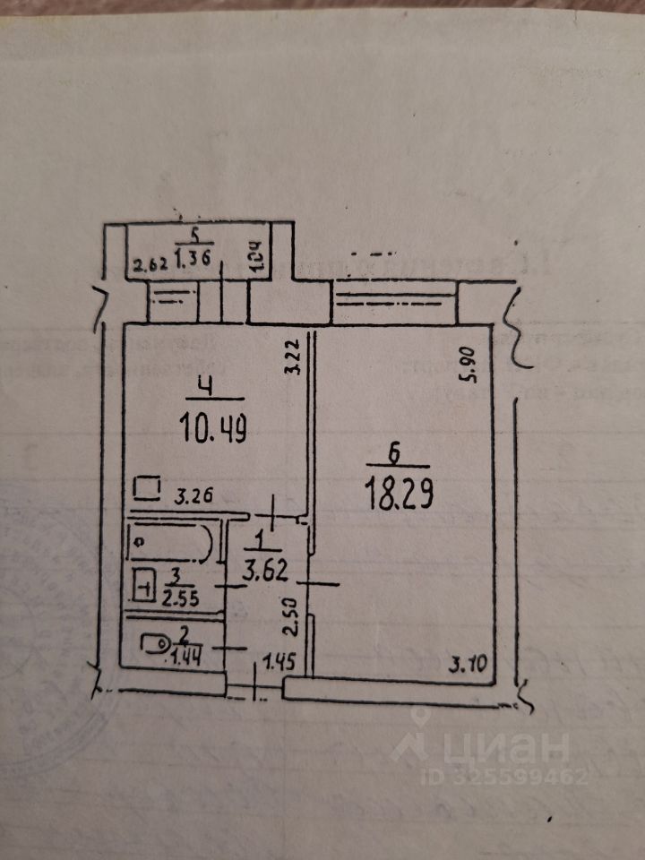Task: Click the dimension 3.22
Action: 291,359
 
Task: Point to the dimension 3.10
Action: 465,665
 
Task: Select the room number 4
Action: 206,388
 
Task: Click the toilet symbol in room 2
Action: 154,641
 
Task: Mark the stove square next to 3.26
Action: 147,489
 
